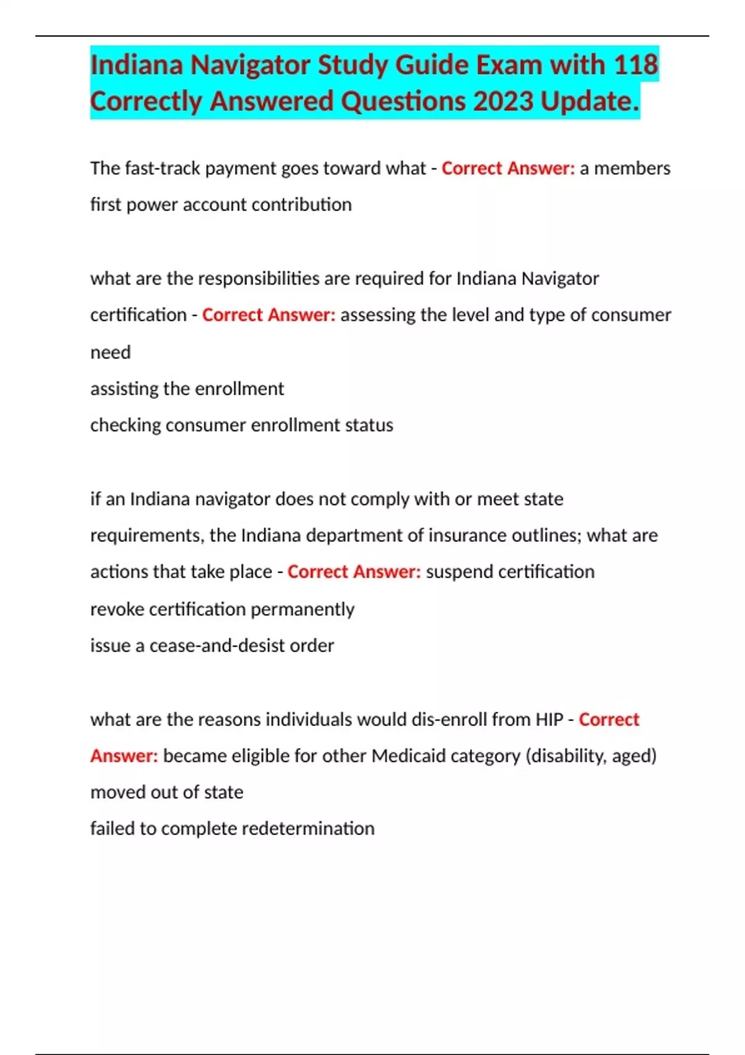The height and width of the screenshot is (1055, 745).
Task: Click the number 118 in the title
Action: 636,65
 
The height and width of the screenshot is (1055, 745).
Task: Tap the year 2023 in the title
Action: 503,101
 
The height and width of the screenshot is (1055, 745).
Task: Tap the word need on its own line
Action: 111,352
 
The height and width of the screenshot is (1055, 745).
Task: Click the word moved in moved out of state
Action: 117,792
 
